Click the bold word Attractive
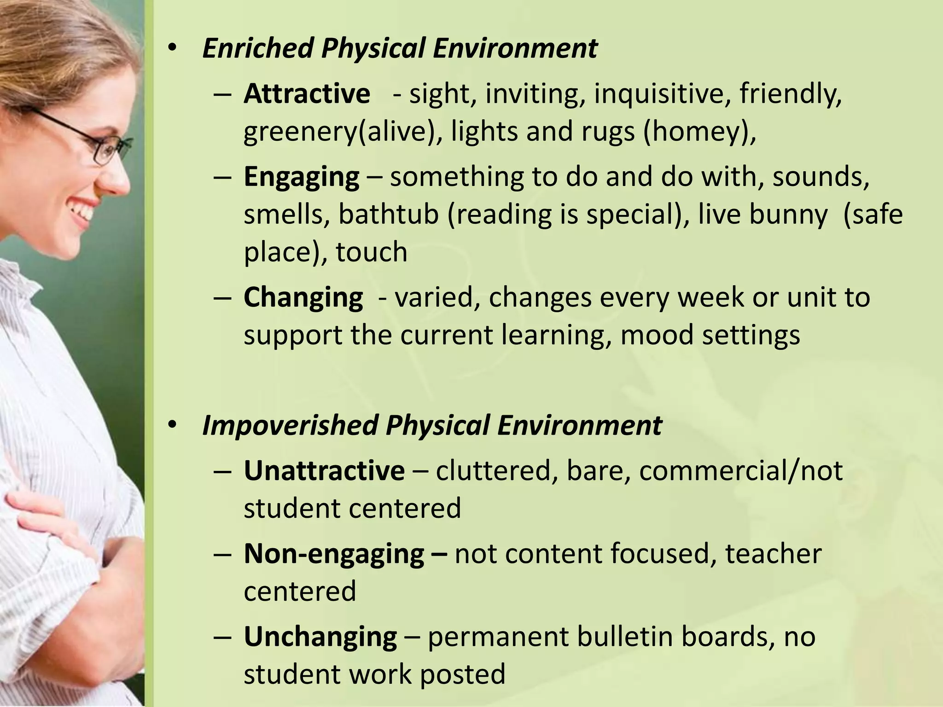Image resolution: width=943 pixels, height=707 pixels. (x=307, y=94)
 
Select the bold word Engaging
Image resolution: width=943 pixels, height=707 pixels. (x=302, y=177)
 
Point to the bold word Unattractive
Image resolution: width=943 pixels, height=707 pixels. (x=324, y=471)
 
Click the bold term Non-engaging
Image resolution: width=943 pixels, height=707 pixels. (x=334, y=554)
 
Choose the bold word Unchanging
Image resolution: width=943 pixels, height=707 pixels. (x=320, y=637)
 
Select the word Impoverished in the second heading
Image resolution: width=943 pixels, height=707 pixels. (x=289, y=425)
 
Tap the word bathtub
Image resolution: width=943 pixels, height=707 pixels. (x=388, y=215)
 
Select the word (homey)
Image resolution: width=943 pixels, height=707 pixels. (x=700, y=132)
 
